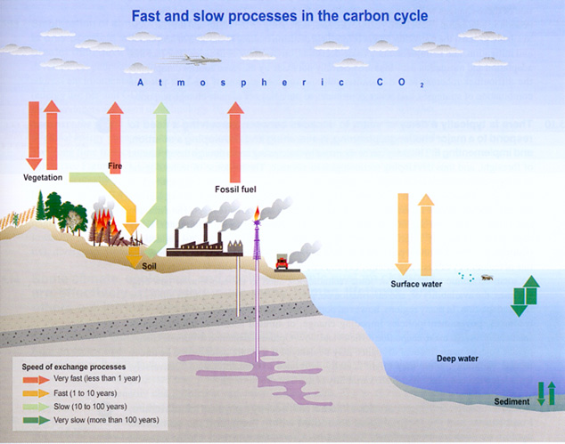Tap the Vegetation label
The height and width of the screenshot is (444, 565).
[x=42, y=177]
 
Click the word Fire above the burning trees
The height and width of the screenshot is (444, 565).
[x=114, y=166]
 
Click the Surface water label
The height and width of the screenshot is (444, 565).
[x=417, y=285]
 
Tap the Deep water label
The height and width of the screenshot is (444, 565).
[x=457, y=359]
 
